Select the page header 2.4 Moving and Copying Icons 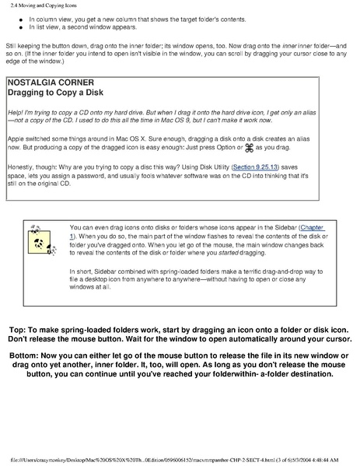45,5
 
